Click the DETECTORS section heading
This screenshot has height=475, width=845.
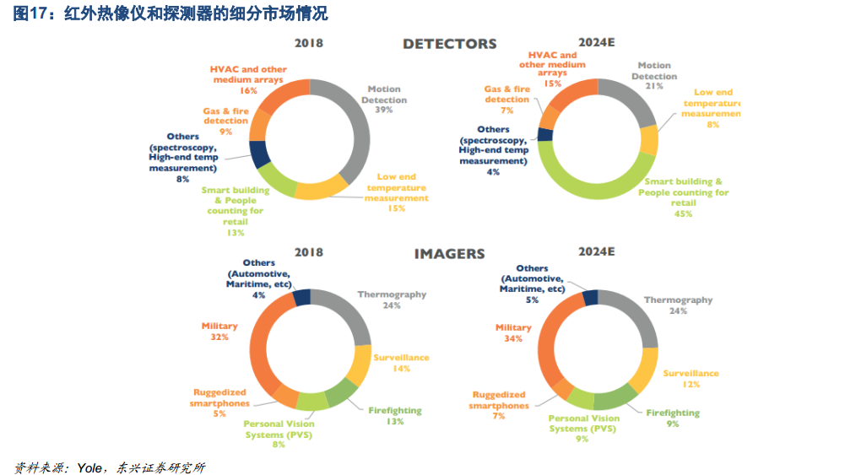[449, 44]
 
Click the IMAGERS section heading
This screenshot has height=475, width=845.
[449, 253]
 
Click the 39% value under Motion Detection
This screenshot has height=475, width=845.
[384, 111]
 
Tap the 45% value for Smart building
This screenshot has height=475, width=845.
[683, 213]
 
